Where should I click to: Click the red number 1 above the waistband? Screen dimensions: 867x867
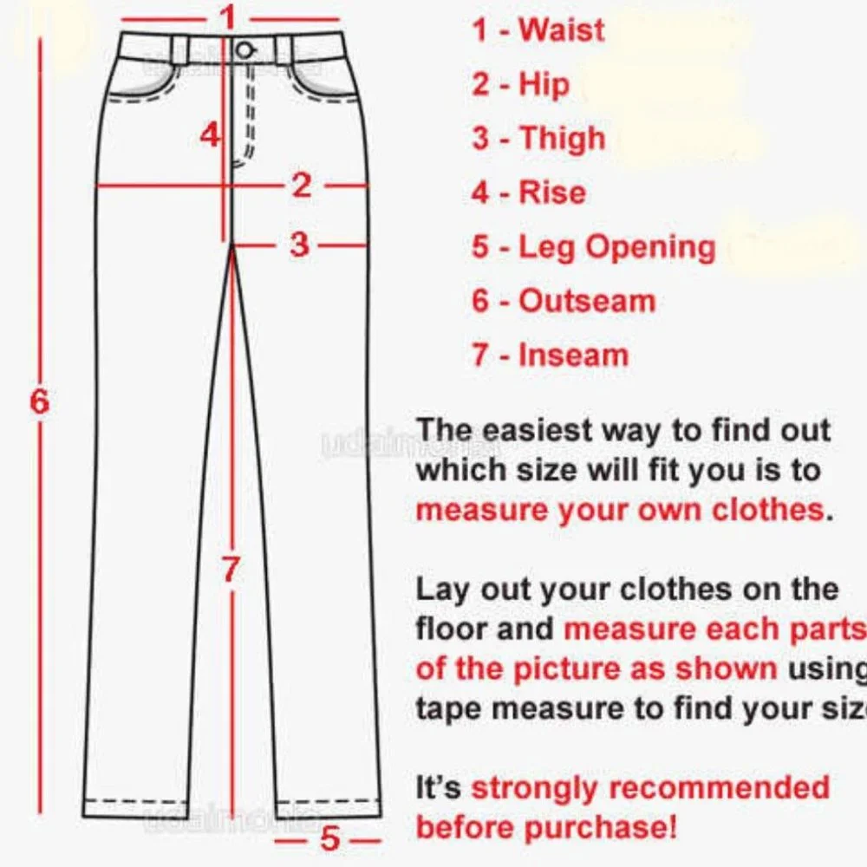click(227, 16)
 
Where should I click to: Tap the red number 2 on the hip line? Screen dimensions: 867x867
click(301, 185)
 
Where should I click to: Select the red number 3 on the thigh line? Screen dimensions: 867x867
click(299, 244)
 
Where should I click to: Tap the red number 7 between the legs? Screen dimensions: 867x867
click(230, 570)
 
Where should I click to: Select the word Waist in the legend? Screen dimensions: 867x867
click(561, 30)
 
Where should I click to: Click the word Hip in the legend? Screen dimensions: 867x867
click(544, 85)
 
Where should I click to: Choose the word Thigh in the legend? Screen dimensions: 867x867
click(562, 140)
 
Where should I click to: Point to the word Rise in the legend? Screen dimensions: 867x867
click(552, 192)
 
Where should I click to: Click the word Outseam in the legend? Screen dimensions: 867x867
click(587, 302)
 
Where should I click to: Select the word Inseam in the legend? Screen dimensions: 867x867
click(573, 355)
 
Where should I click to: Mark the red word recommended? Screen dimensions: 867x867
click(720, 788)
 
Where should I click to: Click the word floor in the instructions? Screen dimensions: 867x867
click(453, 629)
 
